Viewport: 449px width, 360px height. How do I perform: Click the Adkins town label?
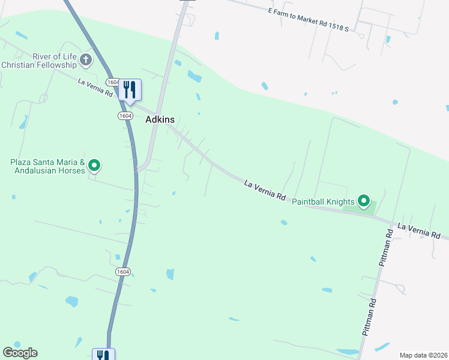coord(160,119)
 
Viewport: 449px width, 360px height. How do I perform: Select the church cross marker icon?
coord(86,59)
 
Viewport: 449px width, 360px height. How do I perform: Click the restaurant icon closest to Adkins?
coord(130,89)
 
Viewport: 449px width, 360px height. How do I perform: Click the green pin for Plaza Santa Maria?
coord(94,165)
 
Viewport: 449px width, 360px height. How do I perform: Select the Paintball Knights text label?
coord(323,202)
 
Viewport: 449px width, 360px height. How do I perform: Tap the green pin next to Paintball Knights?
coord(363,201)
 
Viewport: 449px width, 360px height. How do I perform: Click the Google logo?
coord(20,353)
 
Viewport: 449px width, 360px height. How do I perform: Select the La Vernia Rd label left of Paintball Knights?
coord(264,189)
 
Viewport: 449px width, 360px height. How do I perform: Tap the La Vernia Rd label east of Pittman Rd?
coord(420,231)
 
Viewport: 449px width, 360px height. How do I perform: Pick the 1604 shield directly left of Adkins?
coord(125,115)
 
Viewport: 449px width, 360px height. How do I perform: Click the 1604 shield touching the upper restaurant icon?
coord(113,82)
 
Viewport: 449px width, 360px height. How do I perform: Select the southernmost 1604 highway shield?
coord(122,271)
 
